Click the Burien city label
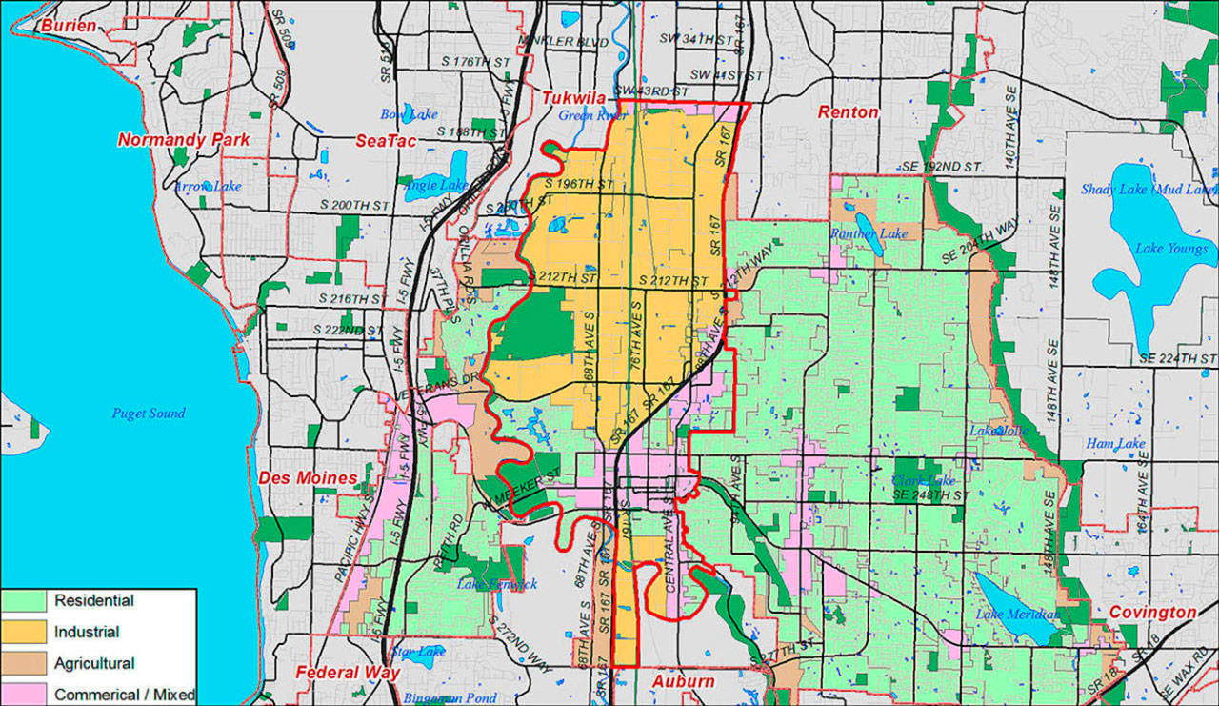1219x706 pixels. point(69,26)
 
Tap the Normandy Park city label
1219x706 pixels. point(184,140)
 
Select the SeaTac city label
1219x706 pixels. point(382,140)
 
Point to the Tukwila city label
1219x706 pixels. point(575,98)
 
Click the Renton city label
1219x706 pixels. point(848,112)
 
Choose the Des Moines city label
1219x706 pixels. point(308,478)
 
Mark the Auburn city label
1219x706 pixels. point(683,681)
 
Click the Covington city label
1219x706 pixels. point(1151,613)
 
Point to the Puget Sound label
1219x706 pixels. point(149,414)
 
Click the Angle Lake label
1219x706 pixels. point(433,185)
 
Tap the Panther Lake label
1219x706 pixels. point(869,233)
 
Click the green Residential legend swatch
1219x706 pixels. point(28,601)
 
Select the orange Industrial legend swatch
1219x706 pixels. point(28,633)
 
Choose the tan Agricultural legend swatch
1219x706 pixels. point(28,664)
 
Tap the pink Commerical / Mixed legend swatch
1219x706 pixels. point(28,695)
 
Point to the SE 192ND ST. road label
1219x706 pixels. point(942,166)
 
